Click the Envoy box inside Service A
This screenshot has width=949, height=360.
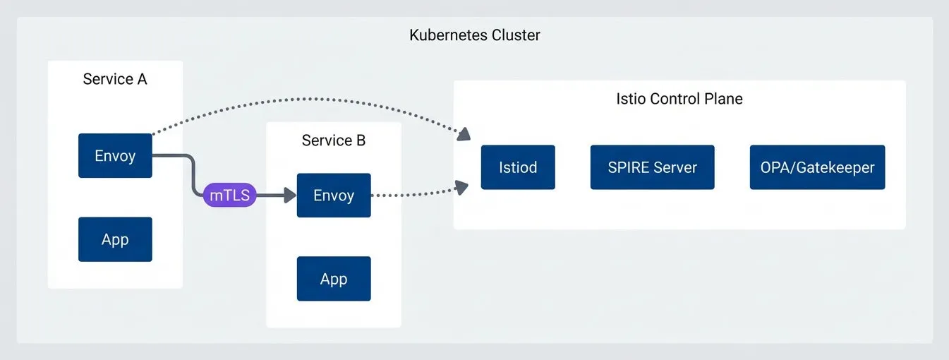115,155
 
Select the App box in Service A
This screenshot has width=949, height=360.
115,239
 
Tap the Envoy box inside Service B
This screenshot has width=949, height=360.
334,195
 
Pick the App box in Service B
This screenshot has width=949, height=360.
334,279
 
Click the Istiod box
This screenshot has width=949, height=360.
518,167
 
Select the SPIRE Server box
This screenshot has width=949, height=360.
652,167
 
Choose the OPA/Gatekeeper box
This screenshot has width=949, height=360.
817,167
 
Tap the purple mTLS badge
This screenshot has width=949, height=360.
230,195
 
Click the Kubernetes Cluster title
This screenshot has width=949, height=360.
474,35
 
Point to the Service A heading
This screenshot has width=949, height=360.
115,79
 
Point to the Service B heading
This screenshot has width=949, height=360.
334,140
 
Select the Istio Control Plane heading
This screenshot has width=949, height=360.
679,99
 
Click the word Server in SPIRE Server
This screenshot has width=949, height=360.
675,167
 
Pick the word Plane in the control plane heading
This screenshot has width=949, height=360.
723,99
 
